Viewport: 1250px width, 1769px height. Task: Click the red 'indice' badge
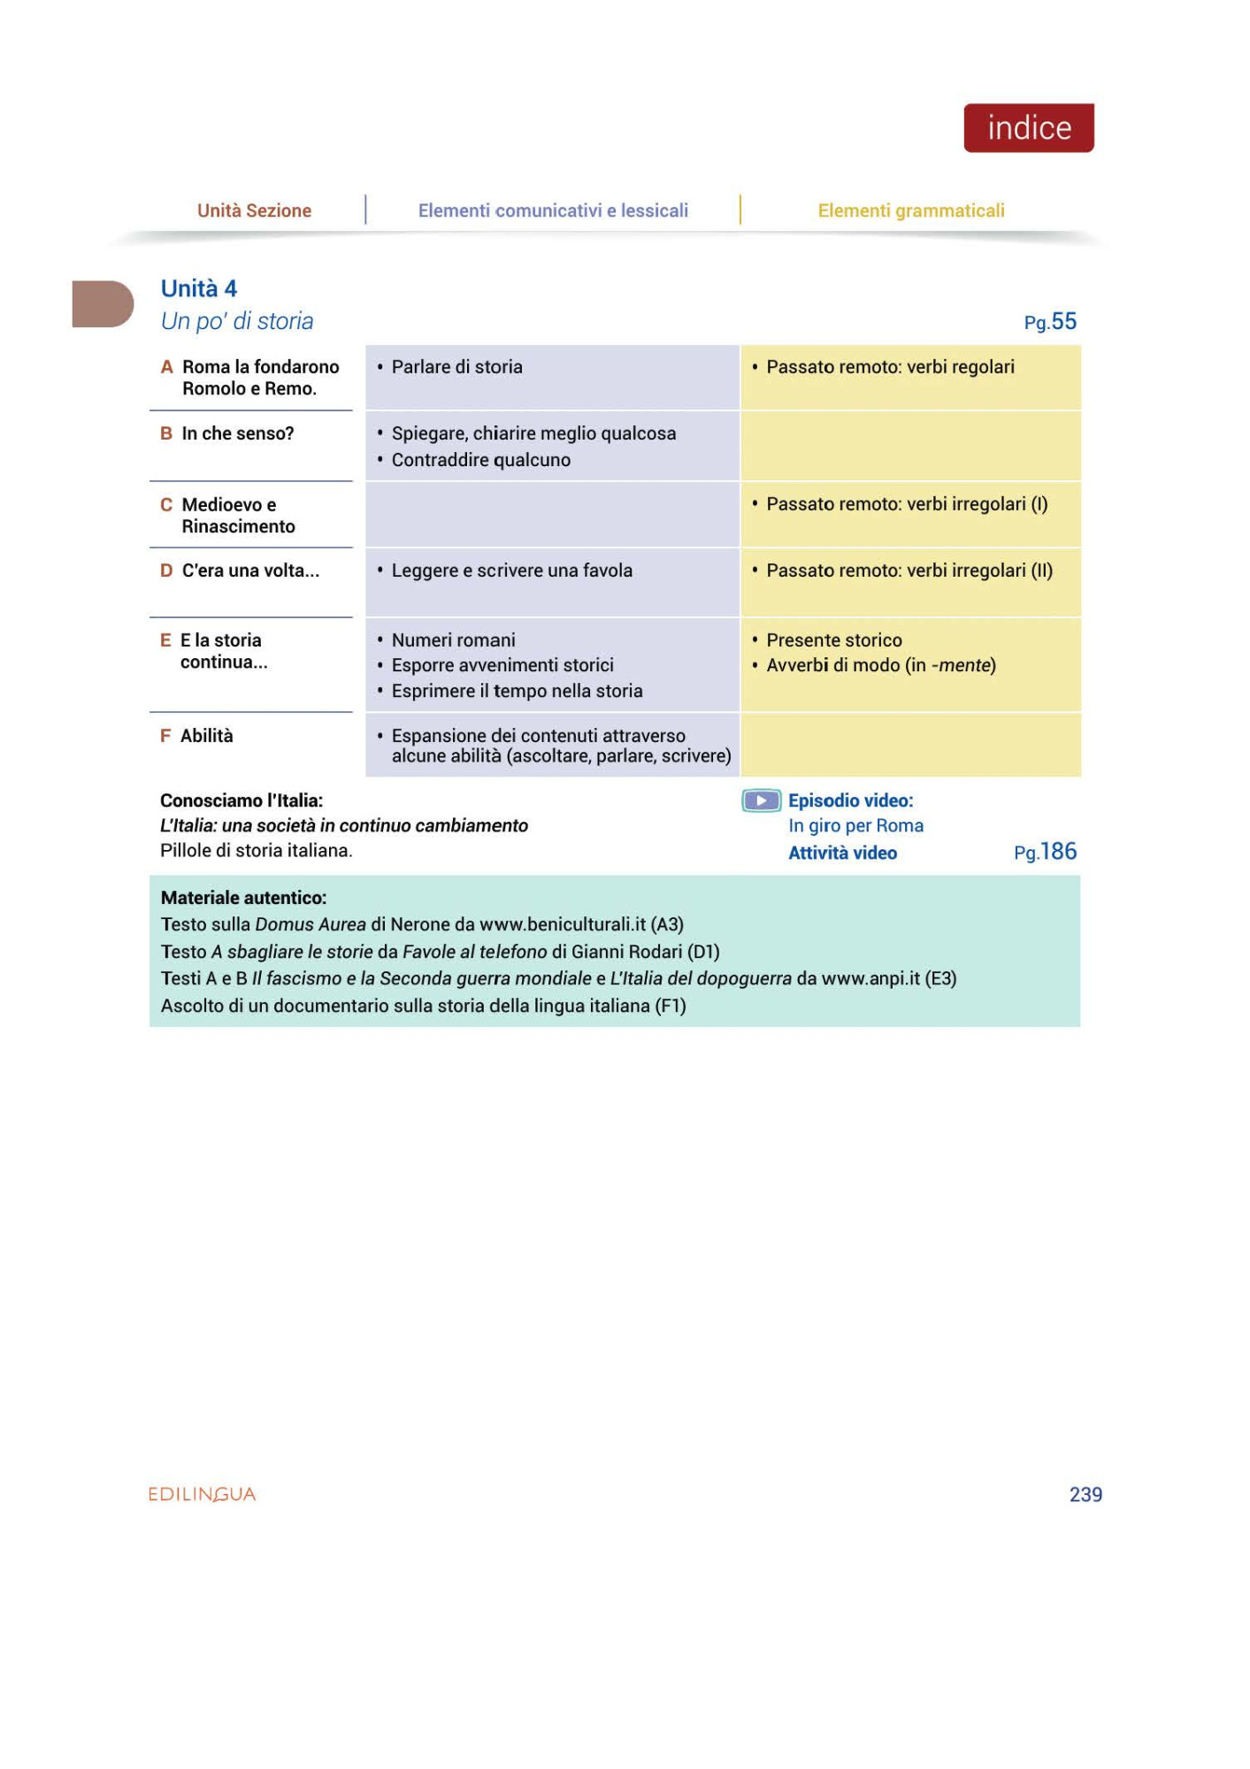tap(1028, 128)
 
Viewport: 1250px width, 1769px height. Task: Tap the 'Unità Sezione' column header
tap(254, 211)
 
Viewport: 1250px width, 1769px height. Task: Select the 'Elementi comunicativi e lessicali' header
tap(553, 211)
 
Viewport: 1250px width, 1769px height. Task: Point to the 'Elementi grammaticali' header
tap(910, 211)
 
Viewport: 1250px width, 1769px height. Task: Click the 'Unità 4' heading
tap(199, 288)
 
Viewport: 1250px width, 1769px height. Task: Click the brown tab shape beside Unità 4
tap(102, 303)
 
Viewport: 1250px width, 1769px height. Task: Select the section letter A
tap(166, 367)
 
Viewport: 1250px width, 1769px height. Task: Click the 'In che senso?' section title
tap(238, 433)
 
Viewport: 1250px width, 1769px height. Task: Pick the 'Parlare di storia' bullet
tap(456, 367)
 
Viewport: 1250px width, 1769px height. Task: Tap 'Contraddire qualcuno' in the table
tap(480, 460)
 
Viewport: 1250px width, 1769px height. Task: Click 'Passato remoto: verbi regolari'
tap(890, 367)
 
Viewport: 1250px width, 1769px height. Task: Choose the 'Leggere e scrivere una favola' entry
tap(511, 571)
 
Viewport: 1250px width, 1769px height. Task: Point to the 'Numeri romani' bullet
tap(453, 639)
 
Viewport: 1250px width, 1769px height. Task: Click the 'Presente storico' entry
tap(833, 639)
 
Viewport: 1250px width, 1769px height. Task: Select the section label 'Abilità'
tap(207, 736)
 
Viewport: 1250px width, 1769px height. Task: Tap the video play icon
tap(761, 800)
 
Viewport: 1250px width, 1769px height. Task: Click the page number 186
tap(1057, 852)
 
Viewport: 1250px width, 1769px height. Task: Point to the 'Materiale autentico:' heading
tap(243, 898)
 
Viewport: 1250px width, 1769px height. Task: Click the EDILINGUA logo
tap(202, 1494)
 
